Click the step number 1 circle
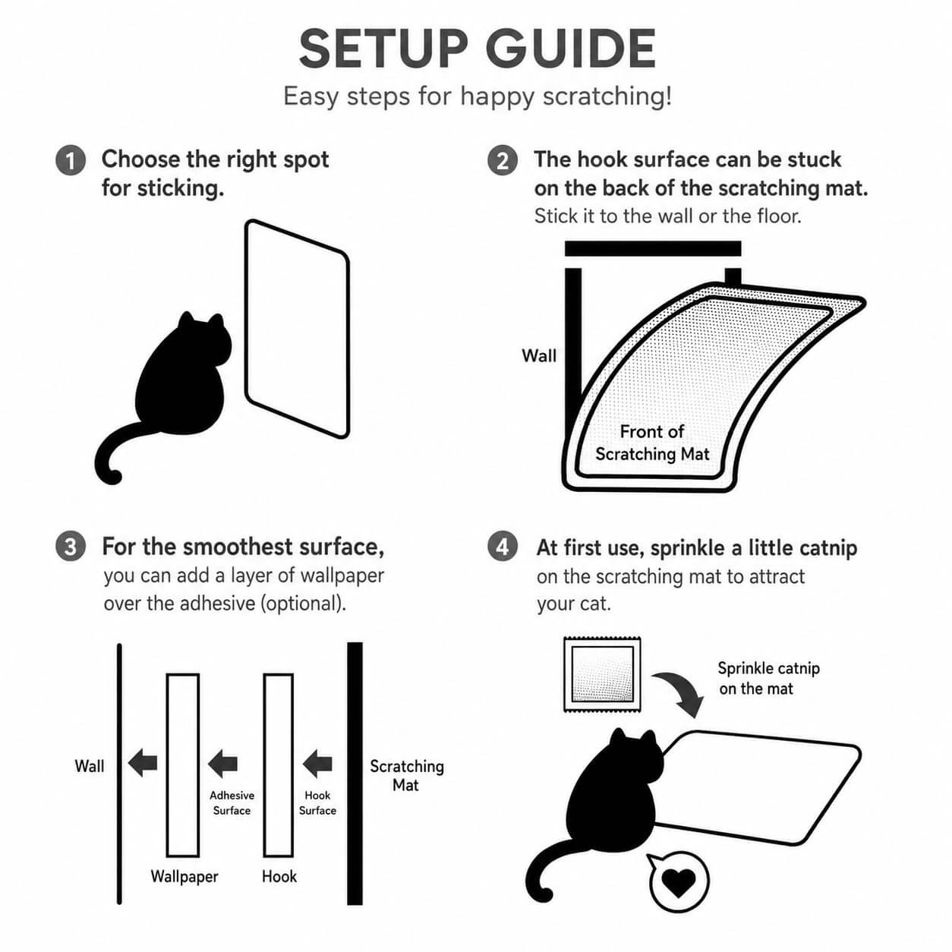[x=71, y=160]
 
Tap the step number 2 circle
[x=503, y=160]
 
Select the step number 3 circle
[x=71, y=547]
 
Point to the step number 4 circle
[x=503, y=547]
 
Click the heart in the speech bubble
[x=678, y=881]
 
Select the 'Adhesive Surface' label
[x=232, y=802]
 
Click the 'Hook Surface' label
[x=317, y=802]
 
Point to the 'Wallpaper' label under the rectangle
[x=184, y=876]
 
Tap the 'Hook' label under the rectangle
[x=279, y=876]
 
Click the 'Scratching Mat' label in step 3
[x=407, y=775]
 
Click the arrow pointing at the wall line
[x=143, y=763]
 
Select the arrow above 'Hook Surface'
[x=317, y=763]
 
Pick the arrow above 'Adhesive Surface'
[x=222, y=763]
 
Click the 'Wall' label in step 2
[x=539, y=356]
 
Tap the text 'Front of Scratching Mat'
[x=652, y=443]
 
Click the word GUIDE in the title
[x=571, y=49]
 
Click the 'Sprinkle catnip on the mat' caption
[x=768, y=678]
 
